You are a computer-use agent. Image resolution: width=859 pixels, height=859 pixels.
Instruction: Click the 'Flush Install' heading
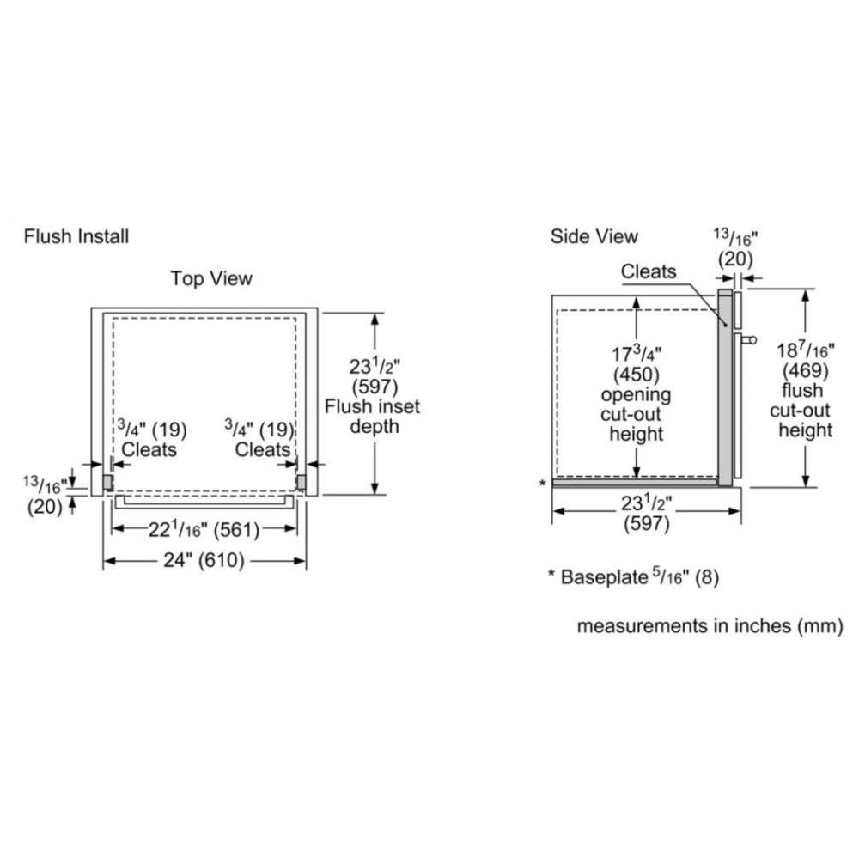click(x=76, y=235)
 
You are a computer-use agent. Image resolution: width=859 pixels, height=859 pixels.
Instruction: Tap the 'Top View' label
click(x=211, y=278)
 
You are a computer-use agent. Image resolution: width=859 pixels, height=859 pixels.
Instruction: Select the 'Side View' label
click(x=594, y=235)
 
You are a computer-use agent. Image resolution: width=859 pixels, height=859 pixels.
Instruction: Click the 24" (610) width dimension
click(x=204, y=561)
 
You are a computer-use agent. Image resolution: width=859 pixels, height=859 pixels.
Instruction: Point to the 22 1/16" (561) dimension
click(x=204, y=530)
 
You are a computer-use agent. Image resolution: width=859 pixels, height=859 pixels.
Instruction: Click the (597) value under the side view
click(x=646, y=524)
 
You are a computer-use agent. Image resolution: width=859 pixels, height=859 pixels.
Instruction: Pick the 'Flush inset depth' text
click(x=373, y=417)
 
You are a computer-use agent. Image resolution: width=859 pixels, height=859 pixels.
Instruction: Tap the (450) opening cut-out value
click(x=636, y=375)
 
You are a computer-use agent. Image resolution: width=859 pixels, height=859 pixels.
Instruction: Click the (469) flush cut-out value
click(x=805, y=371)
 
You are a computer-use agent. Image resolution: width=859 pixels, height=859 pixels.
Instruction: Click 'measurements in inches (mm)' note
click(x=710, y=626)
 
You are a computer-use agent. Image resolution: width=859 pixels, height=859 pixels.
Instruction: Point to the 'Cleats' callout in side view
click(x=649, y=272)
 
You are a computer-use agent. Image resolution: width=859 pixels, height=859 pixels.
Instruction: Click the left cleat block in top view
click(x=108, y=482)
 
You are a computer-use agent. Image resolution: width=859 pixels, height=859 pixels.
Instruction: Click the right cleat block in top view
click(x=301, y=482)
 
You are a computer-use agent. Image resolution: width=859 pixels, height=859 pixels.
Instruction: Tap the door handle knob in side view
click(x=752, y=340)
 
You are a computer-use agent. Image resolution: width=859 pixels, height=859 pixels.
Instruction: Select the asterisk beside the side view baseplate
click(x=542, y=484)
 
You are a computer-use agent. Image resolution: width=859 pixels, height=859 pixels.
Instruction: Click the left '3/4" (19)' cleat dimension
click(x=152, y=429)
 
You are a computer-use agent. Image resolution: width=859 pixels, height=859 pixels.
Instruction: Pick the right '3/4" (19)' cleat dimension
click(x=259, y=429)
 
